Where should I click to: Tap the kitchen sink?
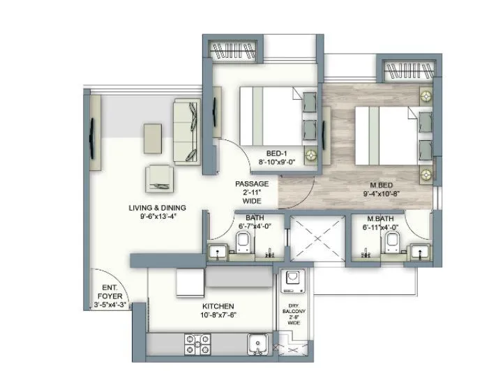pos(258,344)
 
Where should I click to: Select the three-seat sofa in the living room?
pos(186,130)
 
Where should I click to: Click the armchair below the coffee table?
pos(160,179)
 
